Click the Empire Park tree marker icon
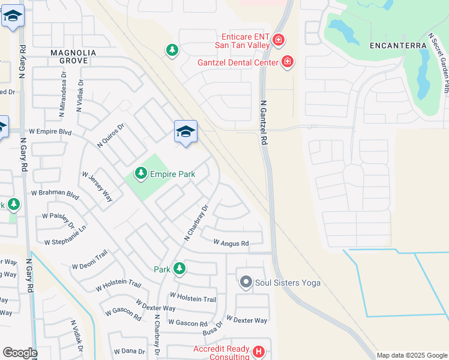pos(140,174)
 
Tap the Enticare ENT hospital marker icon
pos(278,40)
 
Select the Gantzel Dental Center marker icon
pos(288,62)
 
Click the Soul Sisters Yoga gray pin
pos(246,282)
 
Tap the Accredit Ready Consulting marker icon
pos(258,352)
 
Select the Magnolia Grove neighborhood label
pos(70,57)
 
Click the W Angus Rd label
pos(231,243)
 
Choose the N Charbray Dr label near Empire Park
pos(195,224)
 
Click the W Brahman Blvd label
pos(55,195)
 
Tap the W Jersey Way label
pos(97,187)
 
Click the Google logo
pos(19,353)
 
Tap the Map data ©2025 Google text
pos(412,355)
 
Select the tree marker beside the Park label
pos(179,269)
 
